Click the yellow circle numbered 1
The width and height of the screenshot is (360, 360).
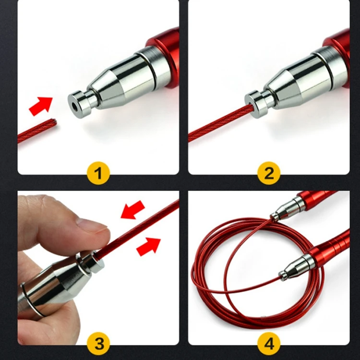pos(98,173)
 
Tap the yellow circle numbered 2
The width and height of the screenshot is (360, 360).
pos(269,173)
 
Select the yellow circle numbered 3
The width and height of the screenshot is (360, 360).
pos(98,344)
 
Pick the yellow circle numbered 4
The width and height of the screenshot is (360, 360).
pos(269,344)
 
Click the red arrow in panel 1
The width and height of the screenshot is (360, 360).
pos(41,106)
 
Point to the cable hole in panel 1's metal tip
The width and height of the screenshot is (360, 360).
pos(75,106)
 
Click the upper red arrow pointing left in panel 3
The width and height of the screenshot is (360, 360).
pos(132,210)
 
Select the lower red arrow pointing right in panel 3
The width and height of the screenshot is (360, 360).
pos(148,247)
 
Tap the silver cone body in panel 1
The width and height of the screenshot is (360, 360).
pos(120,80)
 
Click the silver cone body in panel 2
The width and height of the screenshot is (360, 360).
pos(296,80)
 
